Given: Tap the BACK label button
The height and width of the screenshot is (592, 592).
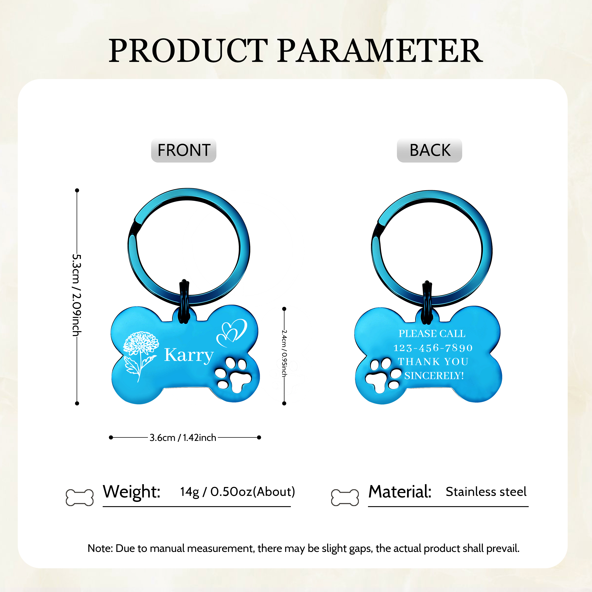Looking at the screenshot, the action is [x=429, y=150].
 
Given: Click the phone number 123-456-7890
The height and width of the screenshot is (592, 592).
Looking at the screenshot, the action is [x=433, y=348].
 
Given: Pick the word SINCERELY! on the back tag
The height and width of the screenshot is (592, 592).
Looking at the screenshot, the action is [x=434, y=376].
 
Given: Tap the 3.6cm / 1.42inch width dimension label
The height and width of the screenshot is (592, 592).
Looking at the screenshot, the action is [x=183, y=438].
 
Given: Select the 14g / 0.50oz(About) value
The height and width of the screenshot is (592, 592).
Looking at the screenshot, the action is [x=237, y=492].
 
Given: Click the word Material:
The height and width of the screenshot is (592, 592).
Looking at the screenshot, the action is [x=400, y=492].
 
